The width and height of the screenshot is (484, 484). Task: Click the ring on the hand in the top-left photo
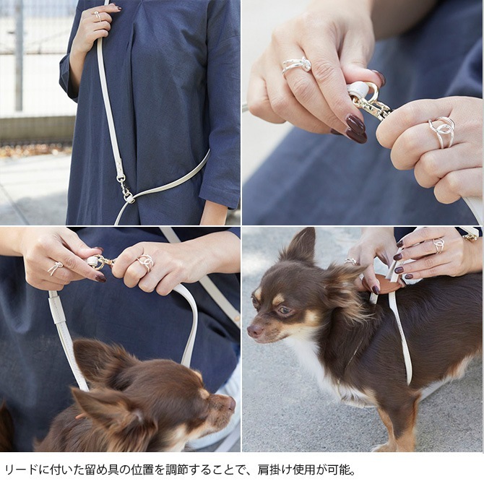click(x=97, y=15)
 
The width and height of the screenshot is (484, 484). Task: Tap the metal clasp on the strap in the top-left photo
click(x=124, y=186)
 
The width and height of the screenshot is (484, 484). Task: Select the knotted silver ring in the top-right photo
click(x=297, y=65)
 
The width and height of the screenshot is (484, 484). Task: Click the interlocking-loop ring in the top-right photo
click(x=442, y=131)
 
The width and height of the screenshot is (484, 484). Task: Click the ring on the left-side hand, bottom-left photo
click(x=55, y=268)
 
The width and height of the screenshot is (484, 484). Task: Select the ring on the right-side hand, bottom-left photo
click(x=145, y=262)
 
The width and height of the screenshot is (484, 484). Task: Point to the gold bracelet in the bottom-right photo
click(x=470, y=237)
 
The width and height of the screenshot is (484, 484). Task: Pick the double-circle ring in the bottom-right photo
click(x=438, y=245)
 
